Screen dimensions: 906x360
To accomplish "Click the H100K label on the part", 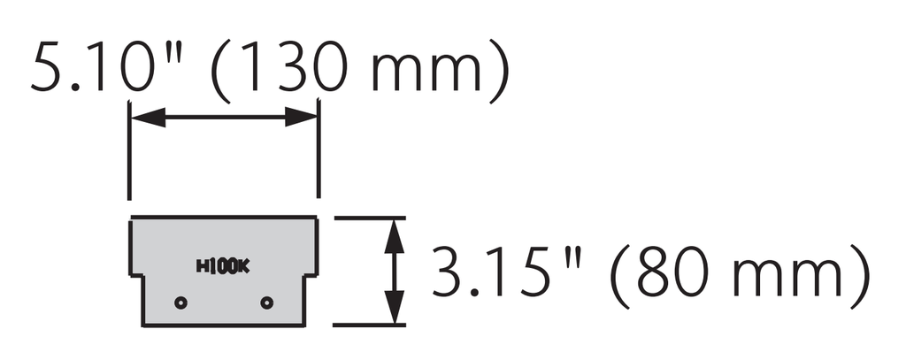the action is (x=223, y=266).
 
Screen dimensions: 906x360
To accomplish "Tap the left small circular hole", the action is (x=180, y=303).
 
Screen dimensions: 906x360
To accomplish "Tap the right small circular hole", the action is (x=266, y=303).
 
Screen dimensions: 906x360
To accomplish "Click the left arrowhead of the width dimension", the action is (x=149, y=118).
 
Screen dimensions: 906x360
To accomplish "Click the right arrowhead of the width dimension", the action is (x=301, y=118).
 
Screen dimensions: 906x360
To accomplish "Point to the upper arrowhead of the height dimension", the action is (x=394, y=236).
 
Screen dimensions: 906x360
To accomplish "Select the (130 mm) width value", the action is (x=359, y=68).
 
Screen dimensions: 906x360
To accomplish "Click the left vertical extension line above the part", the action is (x=129, y=149).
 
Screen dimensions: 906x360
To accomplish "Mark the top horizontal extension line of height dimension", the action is (x=370, y=218).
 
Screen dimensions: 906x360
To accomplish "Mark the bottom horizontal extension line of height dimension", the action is (x=369, y=326).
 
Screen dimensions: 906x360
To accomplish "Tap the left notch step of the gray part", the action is (x=135, y=276).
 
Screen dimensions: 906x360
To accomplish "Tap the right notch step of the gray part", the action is (x=311, y=276).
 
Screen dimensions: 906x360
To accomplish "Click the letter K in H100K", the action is (x=244, y=266).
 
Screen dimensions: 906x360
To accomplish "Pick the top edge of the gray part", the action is (x=224, y=218).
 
